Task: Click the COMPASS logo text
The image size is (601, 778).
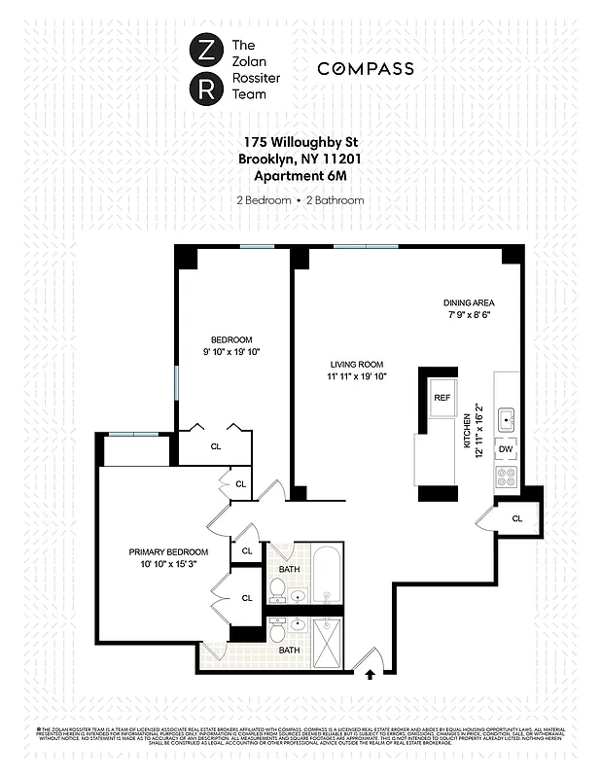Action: pyautogui.click(x=366, y=69)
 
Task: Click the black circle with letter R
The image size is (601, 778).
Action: pyautogui.click(x=205, y=90)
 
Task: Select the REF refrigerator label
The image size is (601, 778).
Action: pyautogui.click(x=442, y=398)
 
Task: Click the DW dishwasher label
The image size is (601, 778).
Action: pyautogui.click(x=506, y=449)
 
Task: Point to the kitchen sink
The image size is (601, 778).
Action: pyautogui.click(x=507, y=420)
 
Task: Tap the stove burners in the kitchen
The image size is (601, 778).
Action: pyautogui.click(x=506, y=477)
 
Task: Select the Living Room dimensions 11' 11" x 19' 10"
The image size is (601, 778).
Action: pyautogui.click(x=356, y=376)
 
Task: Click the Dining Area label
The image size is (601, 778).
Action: pyautogui.click(x=469, y=302)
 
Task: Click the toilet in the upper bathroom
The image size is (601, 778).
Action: pyautogui.click(x=278, y=588)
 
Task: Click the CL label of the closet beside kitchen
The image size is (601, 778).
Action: pyautogui.click(x=516, y=518)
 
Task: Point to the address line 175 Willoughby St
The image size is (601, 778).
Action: pyautogui.click(x=300, y=142)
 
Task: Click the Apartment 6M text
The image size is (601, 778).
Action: pyautogui.click(x=300, y=175)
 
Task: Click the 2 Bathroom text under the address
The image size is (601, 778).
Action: pyautogui.click(x=335, y=200)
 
